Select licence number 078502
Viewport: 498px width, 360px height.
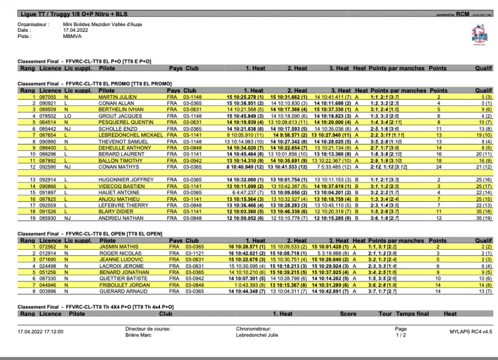(x=48, y=116)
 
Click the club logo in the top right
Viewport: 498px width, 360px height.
(x=479, y=33)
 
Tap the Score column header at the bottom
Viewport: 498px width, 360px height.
(x=347, y=315)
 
